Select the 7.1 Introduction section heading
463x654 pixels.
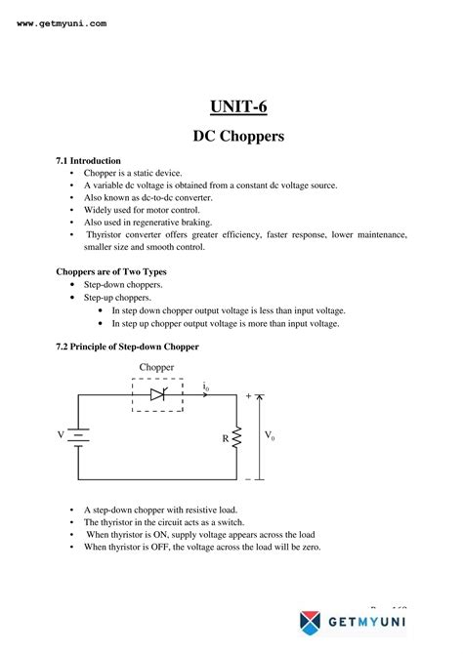click(89, 160)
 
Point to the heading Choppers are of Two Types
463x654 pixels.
click(111, 271)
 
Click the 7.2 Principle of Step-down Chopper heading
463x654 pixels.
click(128, 347)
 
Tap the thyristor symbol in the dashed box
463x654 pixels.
click(156, 395)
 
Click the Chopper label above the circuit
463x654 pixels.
click(156, 368)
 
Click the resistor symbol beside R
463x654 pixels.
click(236, 438)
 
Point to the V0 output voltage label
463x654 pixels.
click(270, 436)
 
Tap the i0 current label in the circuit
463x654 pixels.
click(206, 388)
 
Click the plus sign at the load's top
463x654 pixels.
click(248, 396)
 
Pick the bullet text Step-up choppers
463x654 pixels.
click(117, 297)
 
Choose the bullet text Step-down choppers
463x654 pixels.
click(123, 284)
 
